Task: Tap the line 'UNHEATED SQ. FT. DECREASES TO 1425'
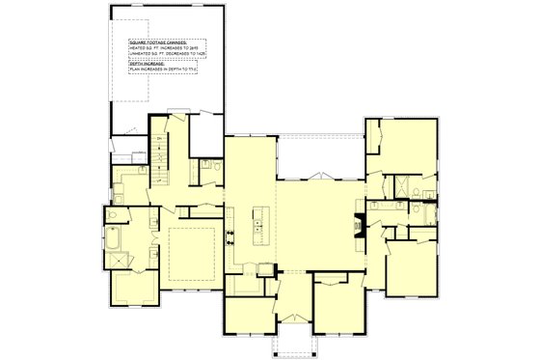169,55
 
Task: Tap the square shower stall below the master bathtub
120,258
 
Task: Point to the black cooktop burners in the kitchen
229,236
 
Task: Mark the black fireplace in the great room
360,223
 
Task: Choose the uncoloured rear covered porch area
318,154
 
